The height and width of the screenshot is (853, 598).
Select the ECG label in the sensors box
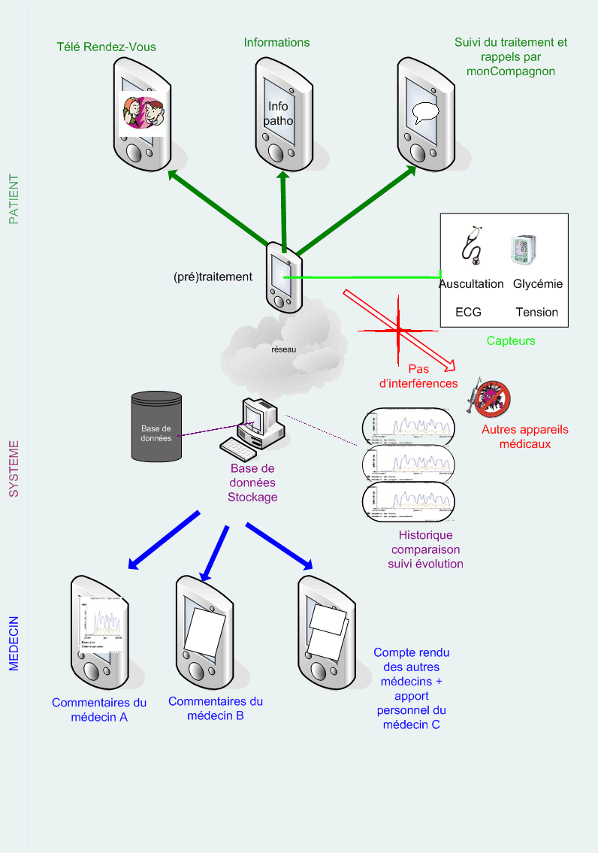pyautogui.click(x=468, y=312)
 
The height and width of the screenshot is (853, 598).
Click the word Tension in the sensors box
pyautogui.click(x=536, y=312)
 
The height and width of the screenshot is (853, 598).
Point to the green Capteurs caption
pyautogui.click(x=511, y=340)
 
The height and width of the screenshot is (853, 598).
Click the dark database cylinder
pyautogui.click(x=156, y=426)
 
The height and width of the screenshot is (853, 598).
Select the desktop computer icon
pyautogui.click(x=253, y=428)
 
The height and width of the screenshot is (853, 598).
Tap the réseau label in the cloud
pyautogui.click(x=284, y=349)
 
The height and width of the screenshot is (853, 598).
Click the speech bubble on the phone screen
pyautogui.click(x=425, y=113)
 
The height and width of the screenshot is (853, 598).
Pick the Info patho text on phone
pyautogui.click(x=278, y=113)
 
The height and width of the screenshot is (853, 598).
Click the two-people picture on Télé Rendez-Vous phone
pyautogui.click(x=144, y=113)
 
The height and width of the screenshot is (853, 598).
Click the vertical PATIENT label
pyautogui.click(x=14, y=200)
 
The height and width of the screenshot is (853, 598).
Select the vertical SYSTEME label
pyautogui.click(x=14, y=469)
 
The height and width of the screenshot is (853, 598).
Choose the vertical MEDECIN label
pyautogui.click(x=14, y=643)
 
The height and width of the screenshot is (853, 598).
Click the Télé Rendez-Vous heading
pyautogui.click(x=107, y=47)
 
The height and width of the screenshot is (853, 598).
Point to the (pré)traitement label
pyautogui.click(x=213, y=277)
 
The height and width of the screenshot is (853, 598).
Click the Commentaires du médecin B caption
pyautogui.click(x=216, y=708)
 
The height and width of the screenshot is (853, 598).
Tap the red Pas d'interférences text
pyautogui.click(x=418, y=376)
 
